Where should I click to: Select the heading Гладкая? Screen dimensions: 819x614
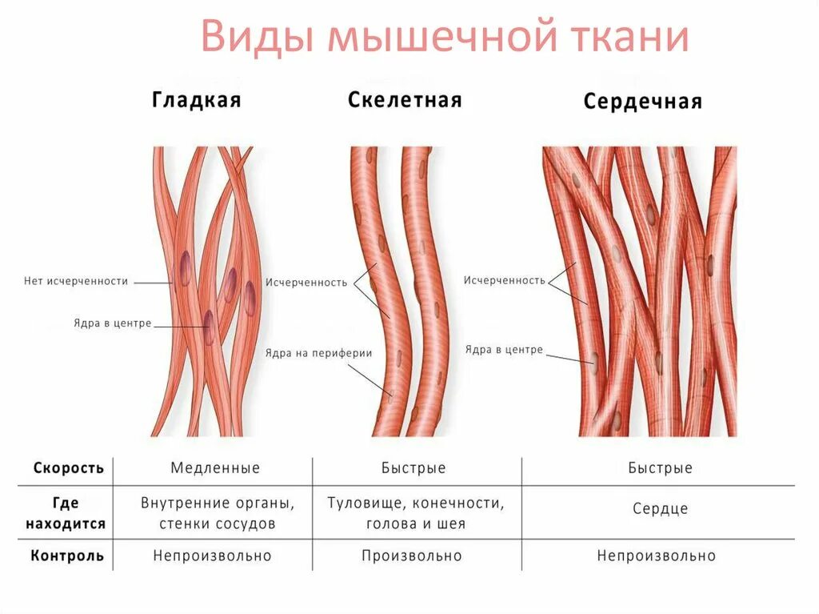click(x=196, y=100)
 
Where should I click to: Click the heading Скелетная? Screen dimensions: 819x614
click(x=405, y=100)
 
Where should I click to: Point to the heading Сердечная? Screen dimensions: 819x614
click(x=642, y=102)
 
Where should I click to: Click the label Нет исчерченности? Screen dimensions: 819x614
click(x=76, y=281)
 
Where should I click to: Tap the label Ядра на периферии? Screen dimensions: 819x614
click(x=319, y=353)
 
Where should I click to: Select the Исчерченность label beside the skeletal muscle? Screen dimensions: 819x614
click(x=306, y=283)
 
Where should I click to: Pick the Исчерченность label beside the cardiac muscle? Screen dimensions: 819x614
click(x=504, y=280)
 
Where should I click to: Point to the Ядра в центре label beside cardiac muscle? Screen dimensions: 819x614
click(x=504, y=350)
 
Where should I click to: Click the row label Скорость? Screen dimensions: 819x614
click(x=69, y=468)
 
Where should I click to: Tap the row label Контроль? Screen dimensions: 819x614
click(x=67, y=556)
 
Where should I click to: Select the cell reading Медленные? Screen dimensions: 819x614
click(x=215, y=468)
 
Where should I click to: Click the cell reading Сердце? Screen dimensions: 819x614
click(x=660, y=509)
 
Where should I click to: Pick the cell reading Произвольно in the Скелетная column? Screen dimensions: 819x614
click(x=412, y=556)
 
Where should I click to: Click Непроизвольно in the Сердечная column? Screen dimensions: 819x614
click(x=656, y=556)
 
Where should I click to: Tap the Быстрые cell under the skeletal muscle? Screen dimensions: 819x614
click(x=413, y=468)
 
